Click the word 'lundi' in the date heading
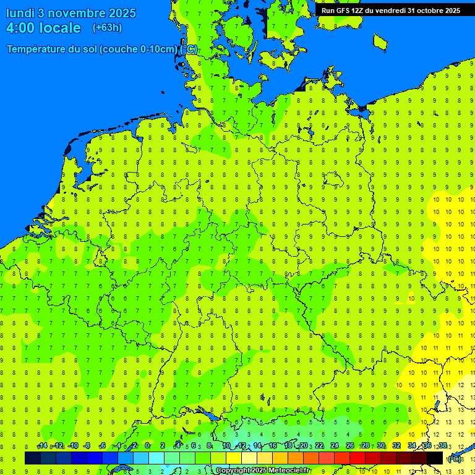tap(20, 13)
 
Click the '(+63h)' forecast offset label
tap(107, 28)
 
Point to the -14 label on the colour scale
tap(42, 446)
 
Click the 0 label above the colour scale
tap(147, 446)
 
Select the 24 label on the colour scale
tap(334, 446)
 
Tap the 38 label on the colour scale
tap(443, 446)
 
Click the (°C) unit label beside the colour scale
tap(454, 458)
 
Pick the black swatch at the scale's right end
tap(435, 458)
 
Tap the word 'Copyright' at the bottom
tap(233, 471)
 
